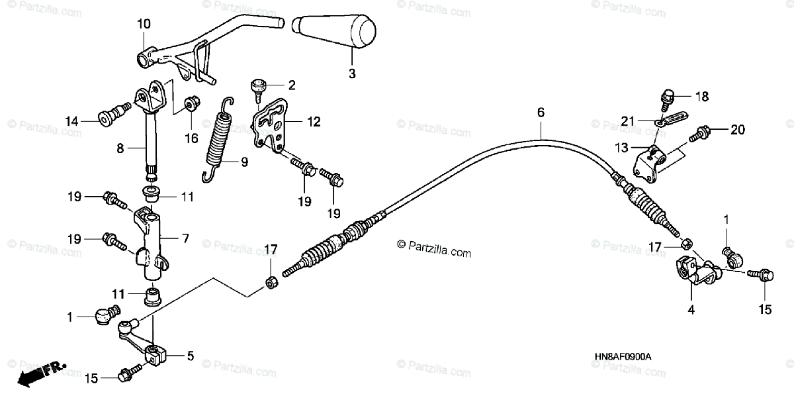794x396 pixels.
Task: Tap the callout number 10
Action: [x=144, y=24]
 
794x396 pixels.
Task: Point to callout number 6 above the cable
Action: [x=541, y=113]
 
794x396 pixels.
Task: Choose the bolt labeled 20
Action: [x=696, y=133]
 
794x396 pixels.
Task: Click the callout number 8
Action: [x=120, y=149]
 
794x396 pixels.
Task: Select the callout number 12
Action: [x=314, y=122]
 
